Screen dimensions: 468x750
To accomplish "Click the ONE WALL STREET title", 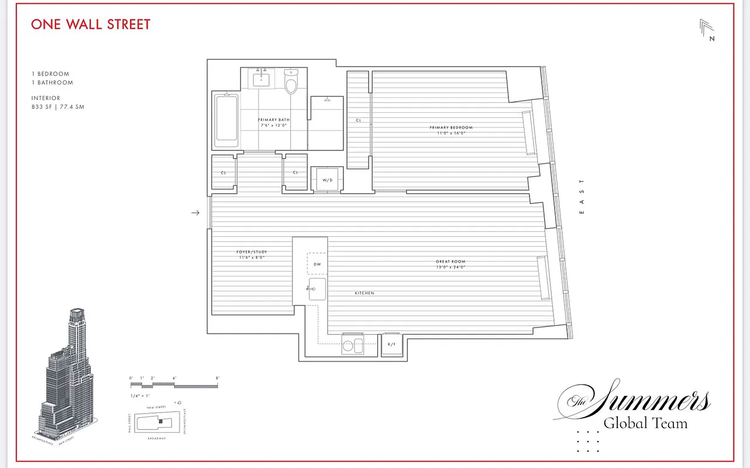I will click(91, 25).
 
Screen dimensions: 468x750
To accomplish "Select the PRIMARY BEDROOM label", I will click(450, 128).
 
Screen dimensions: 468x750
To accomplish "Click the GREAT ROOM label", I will click(450, 261).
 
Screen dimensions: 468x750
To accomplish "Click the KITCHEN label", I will click(364, 293).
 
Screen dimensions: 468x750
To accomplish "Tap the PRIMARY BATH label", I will click(274, 120).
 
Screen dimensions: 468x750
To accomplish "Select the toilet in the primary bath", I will click(291, 83).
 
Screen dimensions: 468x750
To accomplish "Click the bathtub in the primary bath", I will click(226, 121).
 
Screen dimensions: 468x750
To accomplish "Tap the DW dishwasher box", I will click(317, 264).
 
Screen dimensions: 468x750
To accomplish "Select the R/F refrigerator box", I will click(391, 345).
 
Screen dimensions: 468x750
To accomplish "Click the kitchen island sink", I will click(317, 289).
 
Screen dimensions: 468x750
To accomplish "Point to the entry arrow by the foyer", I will click(196, 213).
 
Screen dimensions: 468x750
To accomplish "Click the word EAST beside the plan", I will click(582, 197).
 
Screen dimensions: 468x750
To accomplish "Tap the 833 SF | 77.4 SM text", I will click(58, 107).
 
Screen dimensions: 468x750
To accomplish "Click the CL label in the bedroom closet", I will click(358, 121).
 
